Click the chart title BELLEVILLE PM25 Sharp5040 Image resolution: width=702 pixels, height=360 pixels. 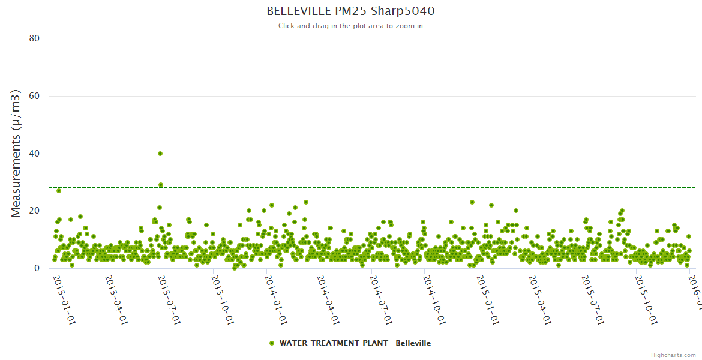pos(350,11)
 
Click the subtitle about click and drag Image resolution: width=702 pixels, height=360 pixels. pos(350,26)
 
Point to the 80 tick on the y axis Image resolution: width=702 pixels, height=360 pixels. pos(34,38)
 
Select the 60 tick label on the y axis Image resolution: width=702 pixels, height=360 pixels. pos(34,96)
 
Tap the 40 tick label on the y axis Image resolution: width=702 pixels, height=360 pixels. pos(34,154)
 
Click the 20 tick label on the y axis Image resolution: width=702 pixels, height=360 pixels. pos(34,211)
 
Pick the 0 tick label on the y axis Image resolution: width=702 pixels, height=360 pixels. pos(37,268)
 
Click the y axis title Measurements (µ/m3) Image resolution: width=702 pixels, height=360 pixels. pos(16,153)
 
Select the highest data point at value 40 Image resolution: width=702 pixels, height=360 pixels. pos(160,154)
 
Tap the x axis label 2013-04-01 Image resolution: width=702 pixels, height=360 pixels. pos(116,299)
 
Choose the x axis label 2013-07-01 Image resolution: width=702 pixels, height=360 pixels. pos(169,299)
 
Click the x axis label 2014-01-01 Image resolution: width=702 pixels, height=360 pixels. pos(275,299)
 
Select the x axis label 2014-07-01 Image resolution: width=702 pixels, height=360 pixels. pos(380,299)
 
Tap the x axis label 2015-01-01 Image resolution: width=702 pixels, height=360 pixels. pos(487,299)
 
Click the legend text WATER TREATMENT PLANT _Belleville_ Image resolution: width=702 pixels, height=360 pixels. pos(357,343)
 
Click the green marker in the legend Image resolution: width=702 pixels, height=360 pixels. pos(272,343)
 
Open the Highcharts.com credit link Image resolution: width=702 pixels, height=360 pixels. pos(673,355)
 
